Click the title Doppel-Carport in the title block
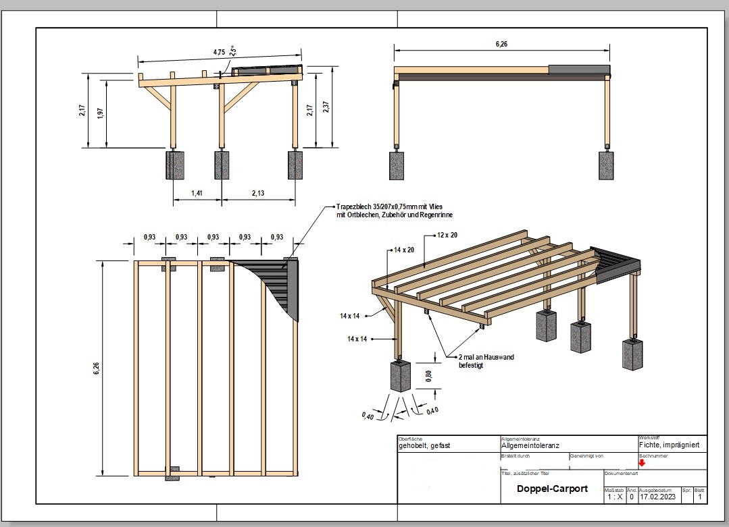coord(552,489)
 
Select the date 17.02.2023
coord(658,497)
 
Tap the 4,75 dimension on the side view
coord(219,52)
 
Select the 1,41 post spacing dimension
coord(197,193)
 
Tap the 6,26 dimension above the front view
coord(501,44)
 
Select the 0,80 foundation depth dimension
coord(428,375)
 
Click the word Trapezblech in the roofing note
coord(353,206)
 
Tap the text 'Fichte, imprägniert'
coord(669,445)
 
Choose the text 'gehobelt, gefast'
coord(424,446)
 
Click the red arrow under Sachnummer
coord(642,462)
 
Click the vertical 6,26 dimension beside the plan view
coord(96,368)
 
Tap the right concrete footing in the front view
coord(606,165)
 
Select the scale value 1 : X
coord(614,497)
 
